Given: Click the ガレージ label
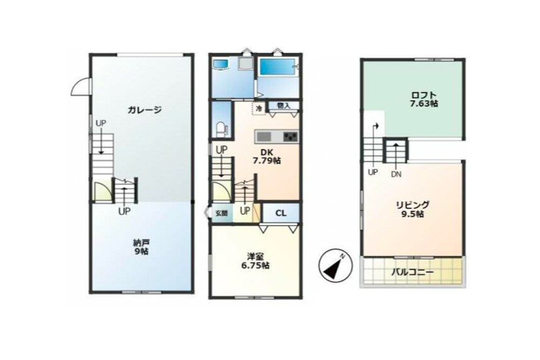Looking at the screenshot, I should pyautogui.click(x=145, y=110).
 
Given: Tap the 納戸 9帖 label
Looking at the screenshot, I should pyautogui.click(x=141, y=247).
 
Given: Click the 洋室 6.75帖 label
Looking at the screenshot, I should pyautogui.click(x=255, y=261).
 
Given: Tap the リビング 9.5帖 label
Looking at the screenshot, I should pyautogui.click(x=413, y=209).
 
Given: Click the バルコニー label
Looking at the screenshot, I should pyautogui.click(x=412, y=272).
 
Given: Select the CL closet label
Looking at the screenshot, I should pyautogui.click(x=281, y=213).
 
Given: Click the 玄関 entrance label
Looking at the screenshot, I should pyautogui.click(x=221, y=213).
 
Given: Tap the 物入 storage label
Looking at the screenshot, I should pyautogui.click(x=283, y=106).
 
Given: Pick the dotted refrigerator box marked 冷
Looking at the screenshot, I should pyautogui.click(x=259, y=108).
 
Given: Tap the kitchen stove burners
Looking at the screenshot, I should pyautogui.click(x=290, y=135).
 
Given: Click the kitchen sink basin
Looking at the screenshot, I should pyautogui.click(x=264, y=135).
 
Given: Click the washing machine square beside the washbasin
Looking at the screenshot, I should pyautogui.click(x=245, y=64).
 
